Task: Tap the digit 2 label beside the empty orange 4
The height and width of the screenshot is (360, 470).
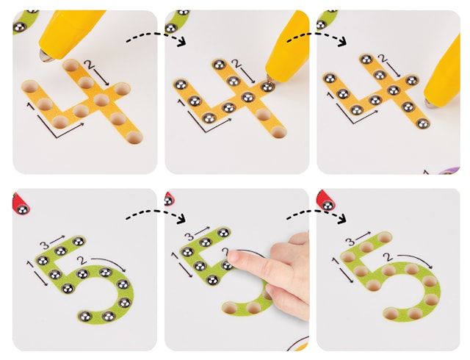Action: (x=89, y=64)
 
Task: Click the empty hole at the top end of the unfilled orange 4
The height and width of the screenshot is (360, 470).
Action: (x=70, y=65)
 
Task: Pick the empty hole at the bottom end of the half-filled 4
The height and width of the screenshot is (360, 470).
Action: (x=279, y=132)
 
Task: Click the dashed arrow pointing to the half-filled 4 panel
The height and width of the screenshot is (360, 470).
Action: (x=156, y=39)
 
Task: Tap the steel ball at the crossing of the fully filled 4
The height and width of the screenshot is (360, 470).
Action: (x=394, y=90)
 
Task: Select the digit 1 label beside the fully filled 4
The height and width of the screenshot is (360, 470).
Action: (x=330, y=96)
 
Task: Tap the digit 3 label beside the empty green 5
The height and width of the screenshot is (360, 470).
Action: (x=350, y=241)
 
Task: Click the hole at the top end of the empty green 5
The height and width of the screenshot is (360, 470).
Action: (x=384, y=237)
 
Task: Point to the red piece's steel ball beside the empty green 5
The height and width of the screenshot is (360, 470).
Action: (x=328, y=206)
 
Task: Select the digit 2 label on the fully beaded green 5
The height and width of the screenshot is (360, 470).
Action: (x=80, y=260)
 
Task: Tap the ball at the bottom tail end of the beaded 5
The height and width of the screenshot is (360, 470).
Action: (x=85, y=316)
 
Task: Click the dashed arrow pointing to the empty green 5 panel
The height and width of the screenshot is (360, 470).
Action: (x=316, y=216)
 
